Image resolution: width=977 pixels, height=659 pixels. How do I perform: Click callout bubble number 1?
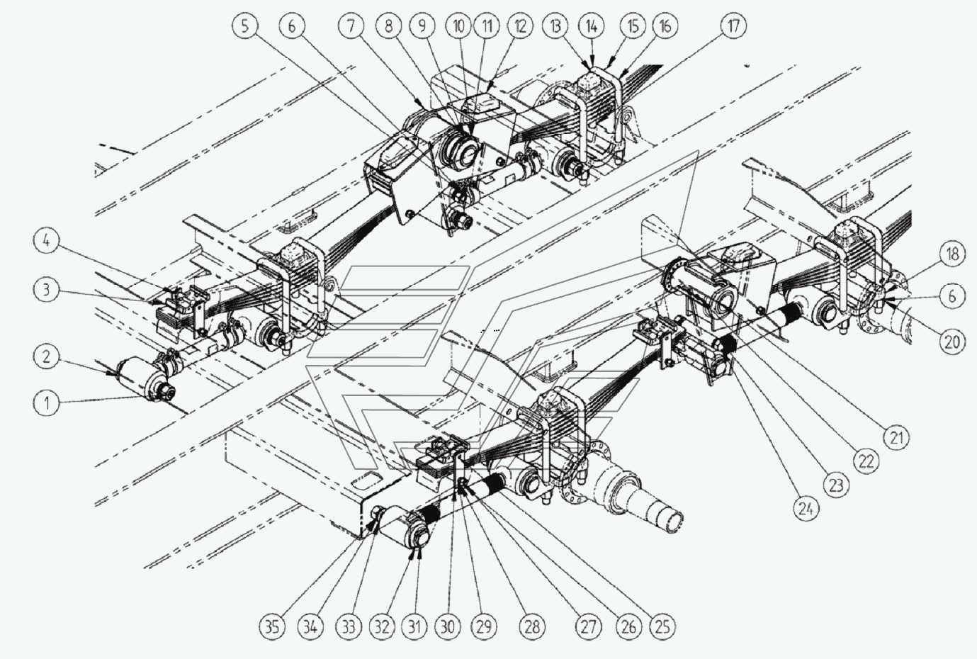47,402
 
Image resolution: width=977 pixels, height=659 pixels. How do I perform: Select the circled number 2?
47,356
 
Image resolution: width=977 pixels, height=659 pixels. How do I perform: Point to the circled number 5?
245,26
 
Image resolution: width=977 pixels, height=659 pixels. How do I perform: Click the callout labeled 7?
351,26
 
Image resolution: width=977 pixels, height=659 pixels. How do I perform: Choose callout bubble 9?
422,26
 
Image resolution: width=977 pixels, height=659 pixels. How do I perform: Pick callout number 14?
592,27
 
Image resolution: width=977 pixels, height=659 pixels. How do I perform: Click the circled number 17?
733,26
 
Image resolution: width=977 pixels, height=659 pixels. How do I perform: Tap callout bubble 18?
953,254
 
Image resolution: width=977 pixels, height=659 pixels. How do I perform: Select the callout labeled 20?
953,342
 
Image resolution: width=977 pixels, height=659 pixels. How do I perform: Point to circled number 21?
896,437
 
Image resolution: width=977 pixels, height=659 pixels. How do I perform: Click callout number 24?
806,508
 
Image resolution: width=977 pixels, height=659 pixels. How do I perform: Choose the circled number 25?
662,627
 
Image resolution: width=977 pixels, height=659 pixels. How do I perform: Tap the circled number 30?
448,627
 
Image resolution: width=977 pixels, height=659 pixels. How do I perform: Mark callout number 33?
349,627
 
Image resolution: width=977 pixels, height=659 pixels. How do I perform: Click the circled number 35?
273,627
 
